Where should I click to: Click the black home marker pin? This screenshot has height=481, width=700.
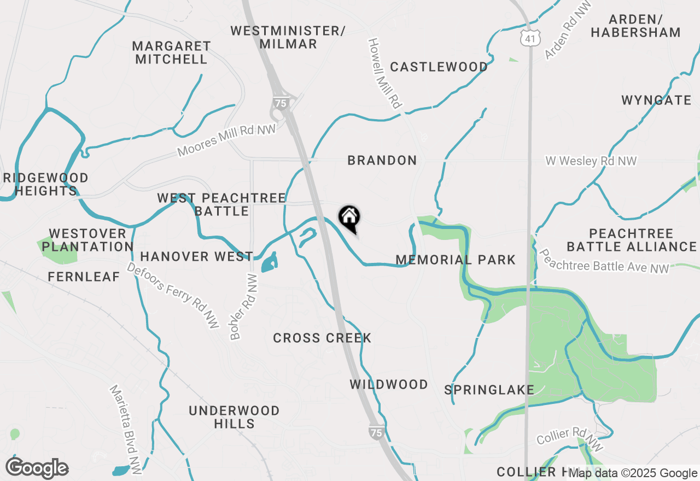coord(349,218)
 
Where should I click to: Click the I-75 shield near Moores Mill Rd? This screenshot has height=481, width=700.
coord(280,102)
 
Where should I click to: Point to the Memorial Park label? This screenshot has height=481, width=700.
coord(456,260)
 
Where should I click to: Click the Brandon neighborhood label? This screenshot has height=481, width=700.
coord(382,160)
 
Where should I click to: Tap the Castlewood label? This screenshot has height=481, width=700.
coord(439,67)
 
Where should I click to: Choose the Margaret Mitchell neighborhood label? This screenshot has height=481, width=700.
coord(171,52)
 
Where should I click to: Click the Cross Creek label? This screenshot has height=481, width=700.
coord(322,338)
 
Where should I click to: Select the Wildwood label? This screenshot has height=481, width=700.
coord(389,384)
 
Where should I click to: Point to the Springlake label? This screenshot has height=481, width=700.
coord(489,390)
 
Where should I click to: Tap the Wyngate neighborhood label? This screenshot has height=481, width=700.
coord(656,100)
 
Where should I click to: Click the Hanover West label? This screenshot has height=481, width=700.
coord(196,256)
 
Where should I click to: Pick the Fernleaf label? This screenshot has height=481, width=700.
coord(84,277)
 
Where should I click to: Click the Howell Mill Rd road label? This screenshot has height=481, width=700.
coord(385,73)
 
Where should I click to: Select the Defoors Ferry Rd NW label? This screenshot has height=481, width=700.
coord(173,295)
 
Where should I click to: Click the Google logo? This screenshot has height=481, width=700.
coord(37,468)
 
